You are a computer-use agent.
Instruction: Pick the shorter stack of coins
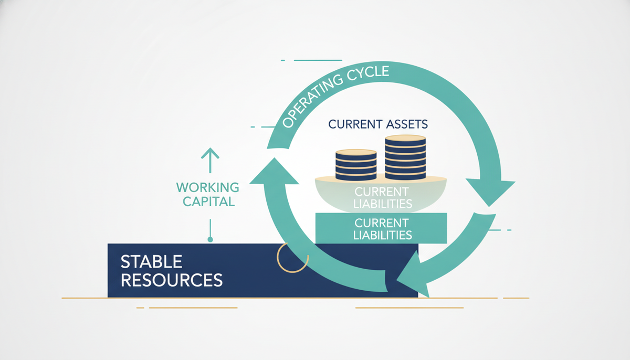point(356,165)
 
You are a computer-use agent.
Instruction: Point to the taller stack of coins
point(405,157)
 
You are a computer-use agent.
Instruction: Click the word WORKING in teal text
point(207,187)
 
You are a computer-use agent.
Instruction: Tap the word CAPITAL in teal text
point(209,202)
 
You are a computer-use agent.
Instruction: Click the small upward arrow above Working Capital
point(210,160)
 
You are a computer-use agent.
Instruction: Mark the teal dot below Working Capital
point(210,239)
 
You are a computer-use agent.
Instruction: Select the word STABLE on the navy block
point(151,262)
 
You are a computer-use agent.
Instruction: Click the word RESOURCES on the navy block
point(172,280)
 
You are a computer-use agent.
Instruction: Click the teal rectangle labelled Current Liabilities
point(381,228)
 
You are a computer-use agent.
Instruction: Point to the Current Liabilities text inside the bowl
point(383,198)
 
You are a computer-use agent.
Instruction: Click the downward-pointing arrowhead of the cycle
point(490,191)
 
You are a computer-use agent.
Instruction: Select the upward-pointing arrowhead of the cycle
point(274,172)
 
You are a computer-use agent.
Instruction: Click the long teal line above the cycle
point(318,60)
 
